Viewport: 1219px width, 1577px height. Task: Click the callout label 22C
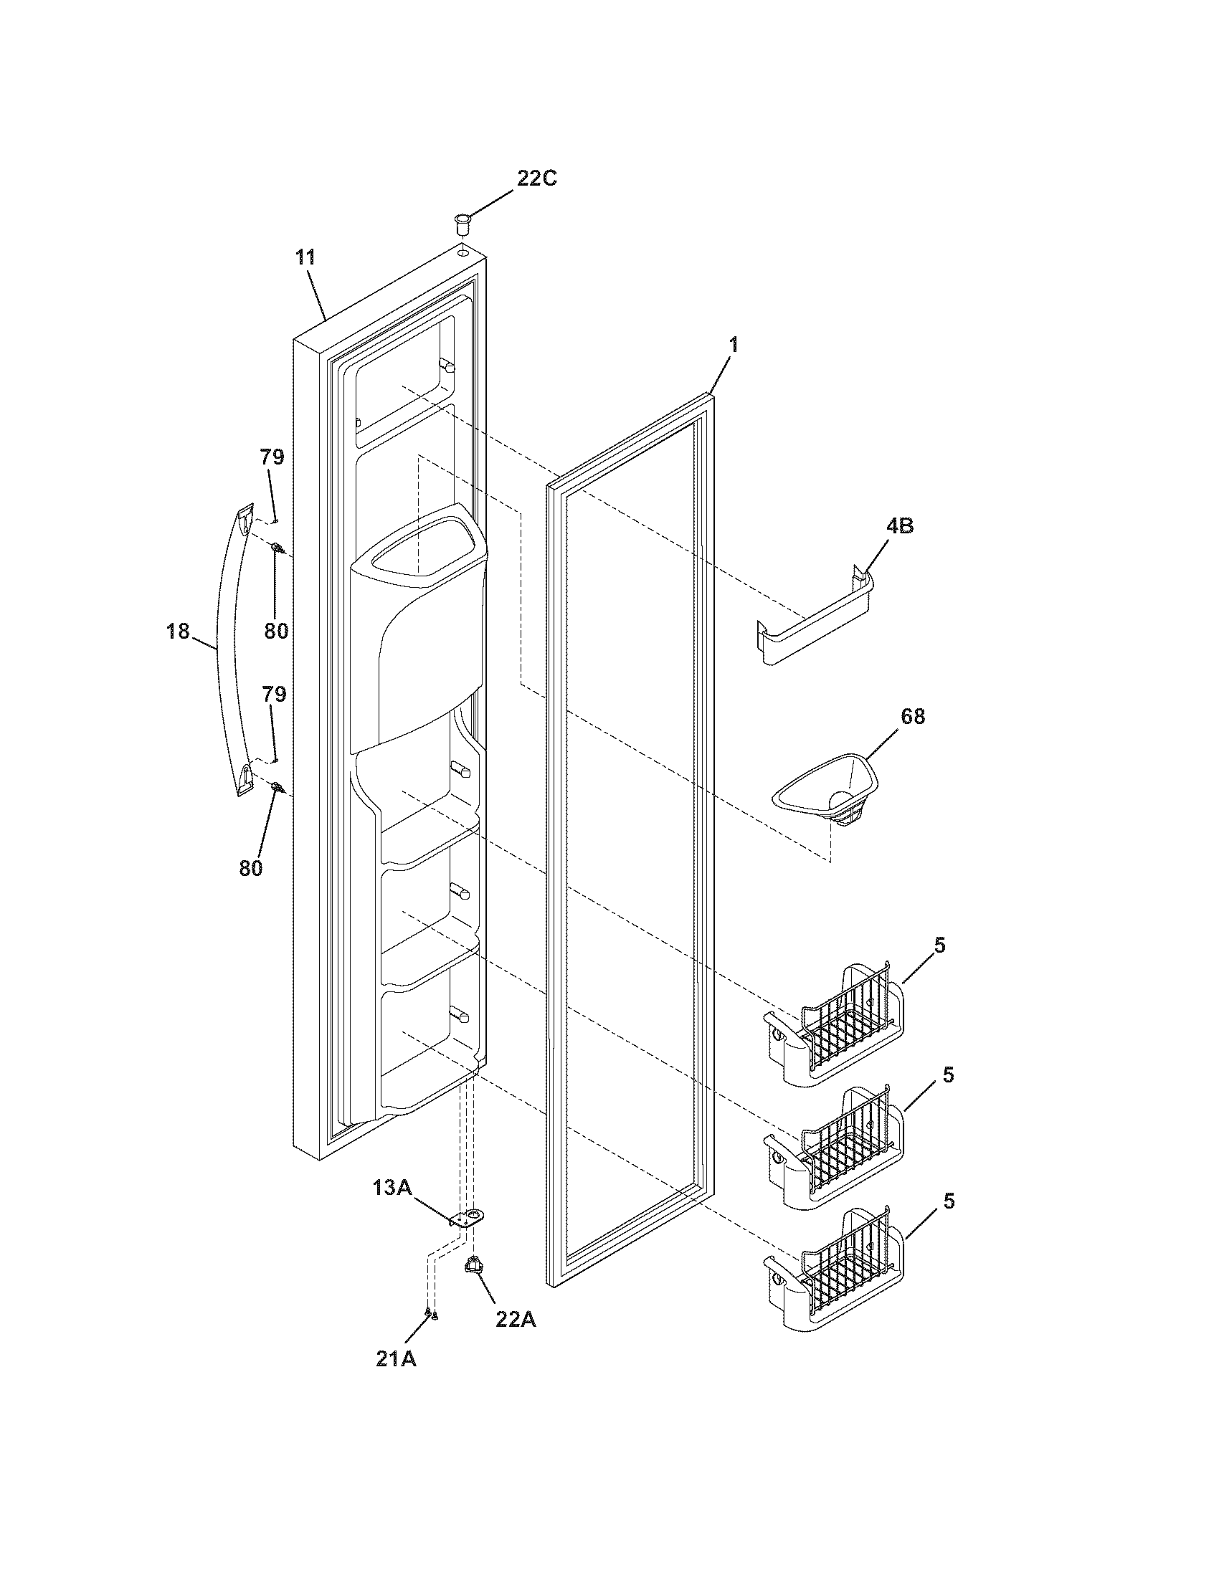[x=536, y=178]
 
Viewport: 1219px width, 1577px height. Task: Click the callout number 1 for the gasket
[x=733, y=346]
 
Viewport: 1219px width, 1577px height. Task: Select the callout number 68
[x=913, y=716]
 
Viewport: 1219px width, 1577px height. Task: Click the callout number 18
[x=178, y=631]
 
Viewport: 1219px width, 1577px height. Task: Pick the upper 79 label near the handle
[x=272, y=457]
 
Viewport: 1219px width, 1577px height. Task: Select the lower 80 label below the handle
[x=250, y=868]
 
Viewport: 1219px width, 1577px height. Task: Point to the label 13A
[x=392, y=1187]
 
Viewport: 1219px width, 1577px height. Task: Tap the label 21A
[x=396, y=1359]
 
